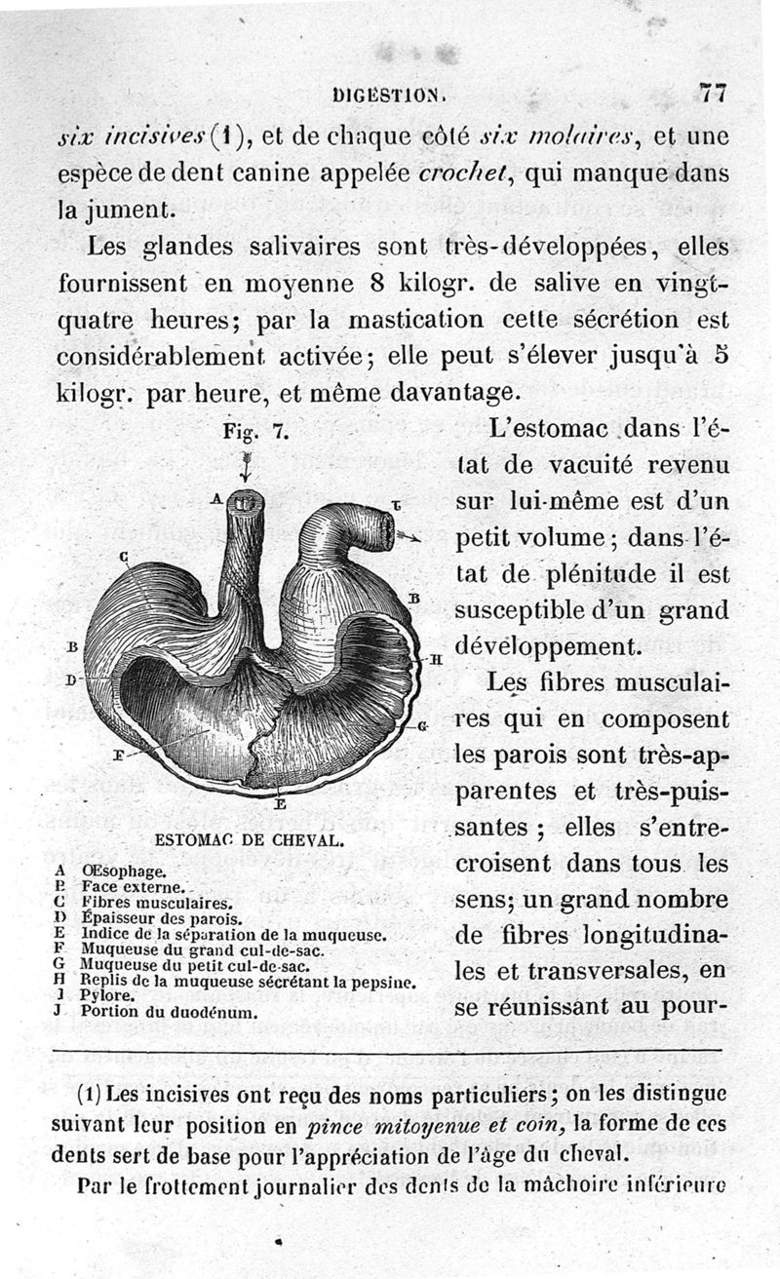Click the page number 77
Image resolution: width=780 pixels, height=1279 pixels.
[x=713, y=94]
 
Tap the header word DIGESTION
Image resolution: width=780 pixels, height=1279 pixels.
[x=388, y=96]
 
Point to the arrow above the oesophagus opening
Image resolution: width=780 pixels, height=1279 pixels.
[x=244, y=466]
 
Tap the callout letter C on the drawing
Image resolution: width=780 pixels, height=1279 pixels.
[x=125, y=557]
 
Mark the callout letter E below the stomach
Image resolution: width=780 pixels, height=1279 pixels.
[x=280, y=804]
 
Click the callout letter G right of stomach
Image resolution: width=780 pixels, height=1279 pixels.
[x=423, y=727]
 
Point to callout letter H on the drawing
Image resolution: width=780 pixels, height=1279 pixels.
[x=436, y=659]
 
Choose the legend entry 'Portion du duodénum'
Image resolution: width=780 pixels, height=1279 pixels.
[x=170, y=1012]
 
